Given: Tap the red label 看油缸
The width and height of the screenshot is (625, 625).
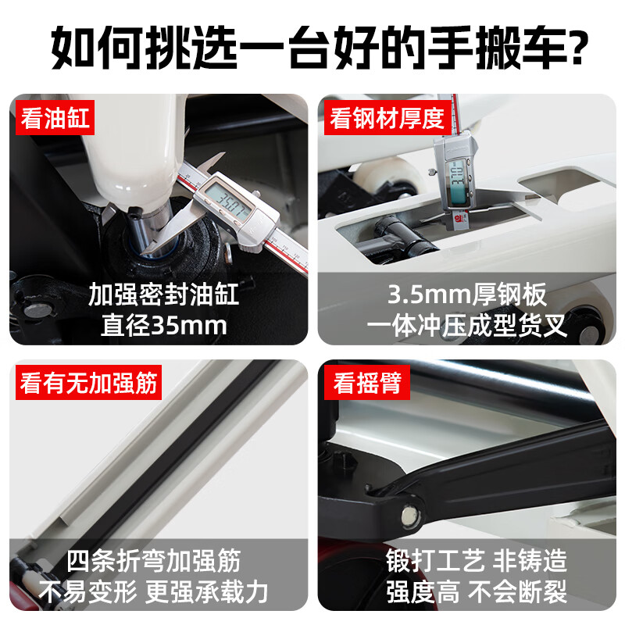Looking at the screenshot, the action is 55,118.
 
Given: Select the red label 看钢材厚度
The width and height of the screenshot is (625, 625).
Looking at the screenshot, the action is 387,118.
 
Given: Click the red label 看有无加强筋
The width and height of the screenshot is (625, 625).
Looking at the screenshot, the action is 88,382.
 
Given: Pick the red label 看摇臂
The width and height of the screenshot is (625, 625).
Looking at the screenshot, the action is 366,382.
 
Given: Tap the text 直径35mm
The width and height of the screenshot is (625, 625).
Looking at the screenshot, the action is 164,325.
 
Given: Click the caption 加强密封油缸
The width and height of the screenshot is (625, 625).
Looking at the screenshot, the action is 163,295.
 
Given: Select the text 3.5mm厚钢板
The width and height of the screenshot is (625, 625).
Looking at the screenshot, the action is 466,295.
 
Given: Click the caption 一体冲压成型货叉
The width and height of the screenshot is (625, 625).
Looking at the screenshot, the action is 466,325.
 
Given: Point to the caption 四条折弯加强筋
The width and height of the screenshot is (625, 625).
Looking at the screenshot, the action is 153,560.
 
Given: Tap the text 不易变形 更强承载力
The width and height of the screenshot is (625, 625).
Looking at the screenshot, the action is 153,591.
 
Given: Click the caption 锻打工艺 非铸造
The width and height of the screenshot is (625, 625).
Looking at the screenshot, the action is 477,560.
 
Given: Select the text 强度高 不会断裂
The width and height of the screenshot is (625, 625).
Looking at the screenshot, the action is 477,591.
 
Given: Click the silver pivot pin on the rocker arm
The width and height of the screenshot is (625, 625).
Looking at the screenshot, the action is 409,516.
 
